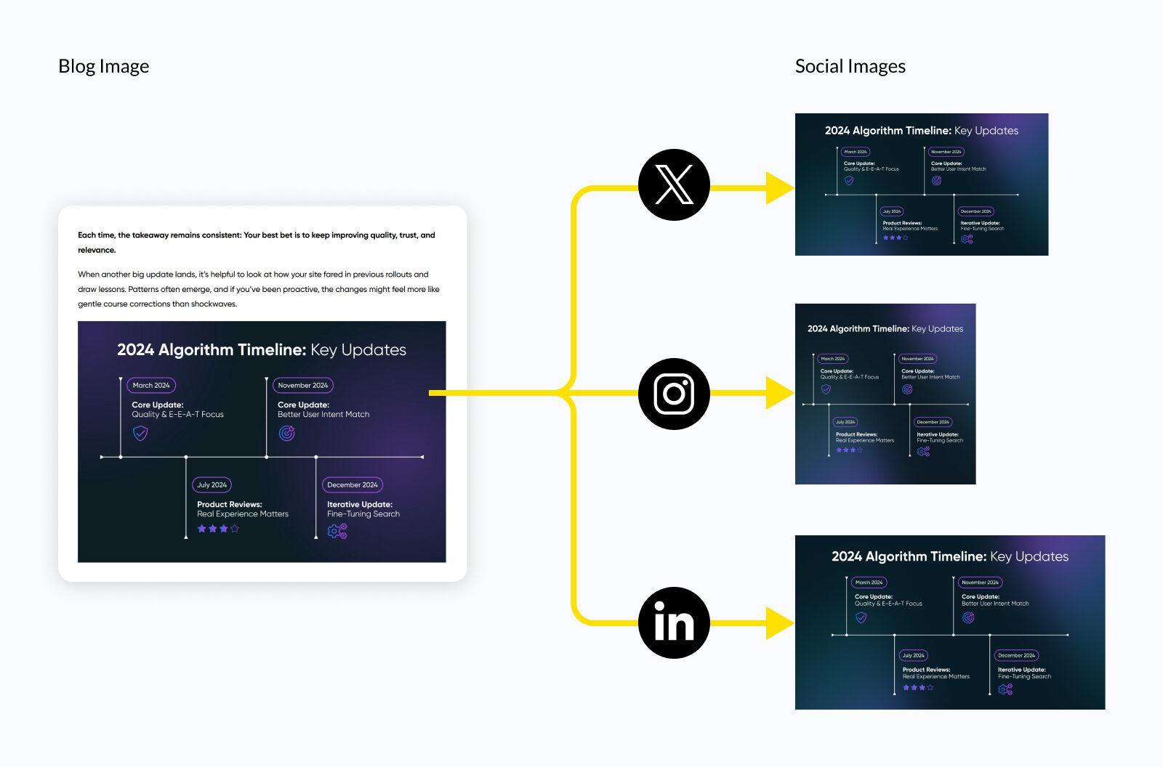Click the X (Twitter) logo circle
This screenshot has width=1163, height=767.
(x=674, y=184)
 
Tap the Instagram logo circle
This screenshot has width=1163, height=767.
(x=674, y=394)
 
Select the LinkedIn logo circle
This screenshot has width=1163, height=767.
(x=674, y=622)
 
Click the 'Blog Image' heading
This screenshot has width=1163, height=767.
(x=103, y=66)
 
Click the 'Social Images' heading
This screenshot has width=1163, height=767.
(x=850, y=66)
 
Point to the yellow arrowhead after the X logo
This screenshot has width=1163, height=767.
(x=779, y=188)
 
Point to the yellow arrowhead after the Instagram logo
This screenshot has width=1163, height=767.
(x=779, y=393)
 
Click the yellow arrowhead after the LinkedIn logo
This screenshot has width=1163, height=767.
(x=779, y=623)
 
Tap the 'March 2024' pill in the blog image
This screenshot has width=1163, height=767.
(x=151, y=385)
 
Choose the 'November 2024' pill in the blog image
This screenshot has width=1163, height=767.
(x=302, y=385)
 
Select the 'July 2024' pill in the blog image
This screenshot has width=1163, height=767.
(x=212, y=484)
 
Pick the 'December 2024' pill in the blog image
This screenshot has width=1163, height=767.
(x=353, y=484)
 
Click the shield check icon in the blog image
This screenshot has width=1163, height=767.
(x=140, y=434)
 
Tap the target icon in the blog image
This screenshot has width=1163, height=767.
(x=287, y=434)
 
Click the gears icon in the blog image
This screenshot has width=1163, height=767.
(x=337, y=531)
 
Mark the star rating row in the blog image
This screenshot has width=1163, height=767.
(x=218, y=529)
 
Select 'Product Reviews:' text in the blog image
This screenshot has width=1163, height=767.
(x=229, y=504)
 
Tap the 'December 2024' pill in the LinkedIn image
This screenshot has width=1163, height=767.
(x=1016, y=655)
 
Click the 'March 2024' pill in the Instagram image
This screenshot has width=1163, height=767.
(x=833, y=359)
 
